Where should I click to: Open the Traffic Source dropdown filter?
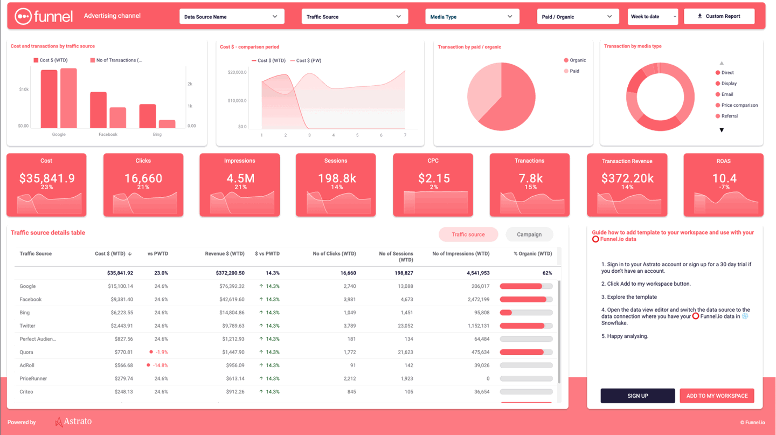354,17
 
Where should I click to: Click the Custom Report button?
719,16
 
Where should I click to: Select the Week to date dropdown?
653,17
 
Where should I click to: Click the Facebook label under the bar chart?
108,134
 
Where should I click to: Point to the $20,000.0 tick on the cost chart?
237,72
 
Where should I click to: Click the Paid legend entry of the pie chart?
574,71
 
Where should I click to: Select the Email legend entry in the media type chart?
727,94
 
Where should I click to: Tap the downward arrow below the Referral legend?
722,130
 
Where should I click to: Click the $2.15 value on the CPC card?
433,178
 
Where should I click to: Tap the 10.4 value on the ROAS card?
724,178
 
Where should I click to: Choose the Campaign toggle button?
529,234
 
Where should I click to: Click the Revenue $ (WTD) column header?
225,253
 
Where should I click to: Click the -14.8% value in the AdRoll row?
160,365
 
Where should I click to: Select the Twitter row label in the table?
27,326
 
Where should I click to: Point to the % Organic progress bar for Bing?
526,313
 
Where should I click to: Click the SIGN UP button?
638,396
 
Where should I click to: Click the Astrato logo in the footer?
73,422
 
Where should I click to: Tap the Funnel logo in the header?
44,16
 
